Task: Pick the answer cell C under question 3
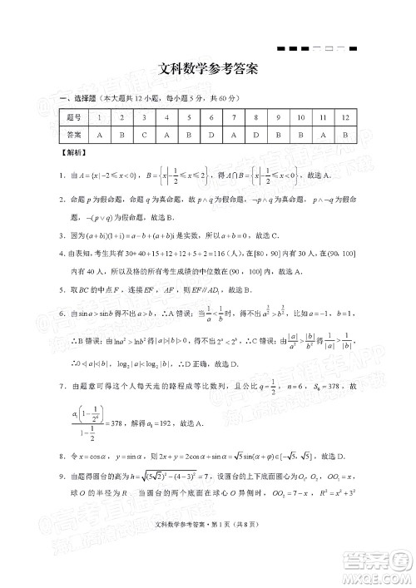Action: (144, 134)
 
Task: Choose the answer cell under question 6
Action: (212, 134)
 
